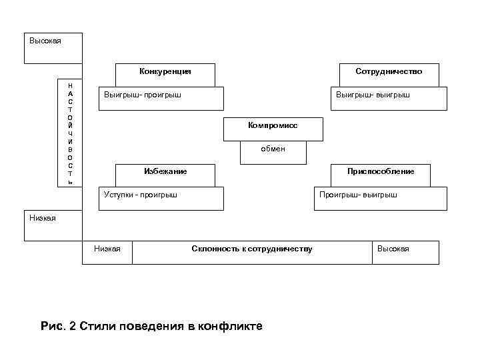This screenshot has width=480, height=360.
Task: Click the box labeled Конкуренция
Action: coord(165,71)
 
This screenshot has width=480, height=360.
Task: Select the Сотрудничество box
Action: coord(389,71)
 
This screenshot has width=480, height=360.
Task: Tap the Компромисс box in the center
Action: coord(273,125)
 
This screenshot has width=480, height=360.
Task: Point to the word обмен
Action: coord(273,149)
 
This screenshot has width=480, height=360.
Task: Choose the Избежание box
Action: coord(165,171)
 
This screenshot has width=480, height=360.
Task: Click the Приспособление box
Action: coord(381,171)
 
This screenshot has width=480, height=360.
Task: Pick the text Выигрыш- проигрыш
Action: coord(143,95)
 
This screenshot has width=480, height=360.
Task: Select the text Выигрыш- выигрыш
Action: coord(373,95)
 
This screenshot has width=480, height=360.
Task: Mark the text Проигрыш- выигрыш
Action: coord(358,195)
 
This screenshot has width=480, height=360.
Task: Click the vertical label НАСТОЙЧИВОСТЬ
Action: coord(71,134)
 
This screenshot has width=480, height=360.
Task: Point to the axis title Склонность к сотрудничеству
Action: coord(251,249)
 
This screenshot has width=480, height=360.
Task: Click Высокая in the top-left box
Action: coord(45,41)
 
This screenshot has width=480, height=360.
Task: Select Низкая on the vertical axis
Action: coord(43,217)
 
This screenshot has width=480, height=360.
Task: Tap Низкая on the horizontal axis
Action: coord(107,249)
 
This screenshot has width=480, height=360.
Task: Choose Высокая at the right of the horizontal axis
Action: coord(393,249)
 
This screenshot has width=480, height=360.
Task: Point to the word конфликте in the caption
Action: coord(231,326)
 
